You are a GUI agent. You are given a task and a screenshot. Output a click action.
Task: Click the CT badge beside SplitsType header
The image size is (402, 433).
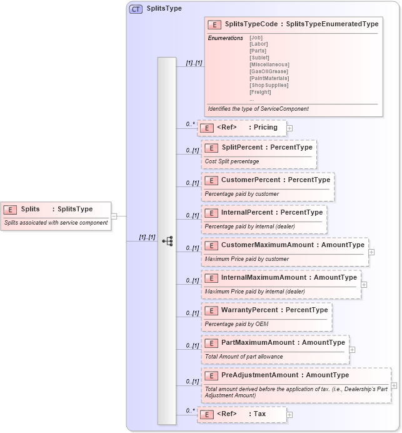(136, 9)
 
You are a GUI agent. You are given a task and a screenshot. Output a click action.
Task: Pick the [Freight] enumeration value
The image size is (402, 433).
(260, 92)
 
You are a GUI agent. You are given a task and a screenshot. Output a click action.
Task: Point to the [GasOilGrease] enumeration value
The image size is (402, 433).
(268, 71)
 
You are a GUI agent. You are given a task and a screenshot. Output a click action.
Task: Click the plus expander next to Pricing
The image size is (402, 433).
(289, 128)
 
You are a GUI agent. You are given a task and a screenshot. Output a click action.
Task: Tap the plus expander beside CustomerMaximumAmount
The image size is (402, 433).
(371, 252)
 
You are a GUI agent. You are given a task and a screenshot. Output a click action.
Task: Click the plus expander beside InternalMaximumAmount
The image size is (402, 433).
(364, 285)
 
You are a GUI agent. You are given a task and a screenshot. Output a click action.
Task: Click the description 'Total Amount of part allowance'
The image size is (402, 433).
(244, 357)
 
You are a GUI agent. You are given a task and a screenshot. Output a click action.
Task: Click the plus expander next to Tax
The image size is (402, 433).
(289, 414)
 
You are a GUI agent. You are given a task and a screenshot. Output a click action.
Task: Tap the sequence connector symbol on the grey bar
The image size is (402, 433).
(167, 241)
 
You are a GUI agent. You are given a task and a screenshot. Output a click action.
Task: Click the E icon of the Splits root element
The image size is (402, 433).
(9, 210)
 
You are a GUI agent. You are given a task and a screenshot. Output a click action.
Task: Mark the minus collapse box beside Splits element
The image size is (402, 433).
(114, 216)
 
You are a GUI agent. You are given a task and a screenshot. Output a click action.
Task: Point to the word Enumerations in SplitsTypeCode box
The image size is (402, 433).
(225, 38)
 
